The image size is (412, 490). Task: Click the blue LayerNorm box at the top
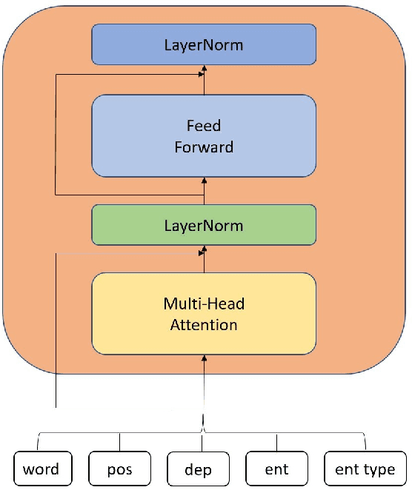pos(204,45)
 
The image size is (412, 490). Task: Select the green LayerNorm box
pos(204,225)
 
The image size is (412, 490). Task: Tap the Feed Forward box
pos(204,137)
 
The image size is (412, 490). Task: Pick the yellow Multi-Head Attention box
pos(204,314)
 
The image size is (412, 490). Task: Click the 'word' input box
pos(41,469)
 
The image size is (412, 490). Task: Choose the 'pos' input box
pos(119,469)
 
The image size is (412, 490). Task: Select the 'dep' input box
pos(199,469)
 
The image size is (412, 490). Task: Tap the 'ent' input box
pos(277,469)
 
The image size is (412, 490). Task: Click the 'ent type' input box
pos(365,469)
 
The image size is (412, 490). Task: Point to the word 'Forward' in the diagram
pos(204,147)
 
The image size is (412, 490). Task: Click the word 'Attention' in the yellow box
pos(204,324)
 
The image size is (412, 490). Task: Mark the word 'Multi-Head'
pos(204,304)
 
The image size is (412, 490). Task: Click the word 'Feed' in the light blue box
pos(204,127)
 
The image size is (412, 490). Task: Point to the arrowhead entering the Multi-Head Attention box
pos(204,358)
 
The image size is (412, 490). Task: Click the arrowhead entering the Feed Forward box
pos(204,181)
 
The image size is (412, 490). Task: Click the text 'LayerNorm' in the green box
pos(204,225)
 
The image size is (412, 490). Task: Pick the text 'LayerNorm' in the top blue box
pos(204,45)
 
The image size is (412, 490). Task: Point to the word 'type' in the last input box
pos(381,470)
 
